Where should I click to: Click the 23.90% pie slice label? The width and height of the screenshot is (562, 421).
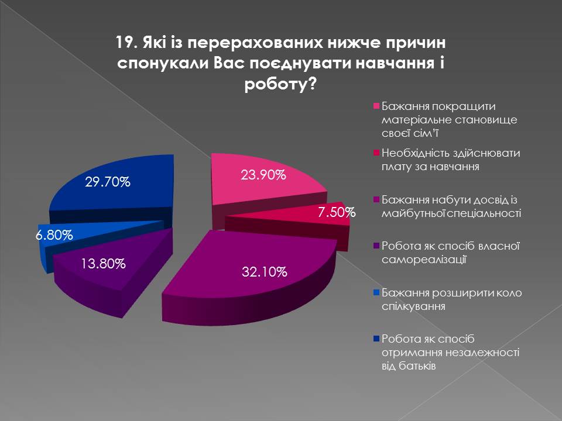pyautogui.click(x=263, y=175)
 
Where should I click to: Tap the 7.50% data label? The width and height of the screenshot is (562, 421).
pyautogui.click(x=337, y=213)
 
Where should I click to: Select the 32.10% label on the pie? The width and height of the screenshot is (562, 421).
pyautogui.click(x=265, y=272)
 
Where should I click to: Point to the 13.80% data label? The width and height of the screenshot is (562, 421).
pyautogui.click(x=104, y=264)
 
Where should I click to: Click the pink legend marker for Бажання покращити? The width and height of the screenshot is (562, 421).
pyautogui.click(x=376, y=107)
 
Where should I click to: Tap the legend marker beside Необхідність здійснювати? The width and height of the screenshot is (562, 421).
pyautogui.click(x=376, y=154)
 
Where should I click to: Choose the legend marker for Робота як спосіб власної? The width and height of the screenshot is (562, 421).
pyautogui.click(x=376, y=245)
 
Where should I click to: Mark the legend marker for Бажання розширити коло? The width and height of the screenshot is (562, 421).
pyautogui.click(x=376, y=292)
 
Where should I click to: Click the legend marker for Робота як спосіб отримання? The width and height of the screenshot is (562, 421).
pyautogui.click(x=376, y=339)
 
